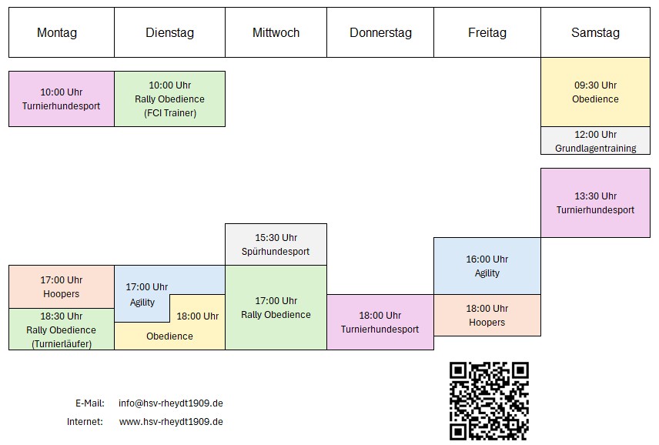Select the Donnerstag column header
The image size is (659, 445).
coord(380,32)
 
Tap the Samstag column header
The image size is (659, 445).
coord(596,32)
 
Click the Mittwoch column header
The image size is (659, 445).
coord(276,32)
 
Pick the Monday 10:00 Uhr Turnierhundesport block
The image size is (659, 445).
coord(62,99)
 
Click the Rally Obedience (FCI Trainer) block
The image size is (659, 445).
coord(170,99)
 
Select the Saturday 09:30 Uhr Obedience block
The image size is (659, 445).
coord(596,92)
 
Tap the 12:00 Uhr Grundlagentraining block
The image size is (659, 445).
coord(596,141)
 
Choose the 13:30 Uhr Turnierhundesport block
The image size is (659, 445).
coord(596,203)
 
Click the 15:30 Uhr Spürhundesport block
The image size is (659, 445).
coord(276,245)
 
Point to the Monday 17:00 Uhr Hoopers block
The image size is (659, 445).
coord(62,286)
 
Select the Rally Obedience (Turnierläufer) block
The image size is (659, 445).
coord(62,329)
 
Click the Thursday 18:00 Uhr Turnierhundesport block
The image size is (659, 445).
coord(380,322)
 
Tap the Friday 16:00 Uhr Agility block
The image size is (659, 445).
coord(487,266)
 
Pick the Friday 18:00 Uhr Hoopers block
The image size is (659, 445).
coord(487,315)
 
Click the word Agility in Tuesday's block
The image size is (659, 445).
coord(142,303)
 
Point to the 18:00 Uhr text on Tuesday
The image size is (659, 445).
coord(198,316)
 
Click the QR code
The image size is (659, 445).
coord(489,401)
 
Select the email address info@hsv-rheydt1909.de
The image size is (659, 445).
coord(171,403)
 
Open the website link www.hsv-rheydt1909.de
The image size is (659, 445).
coord(171,421)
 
